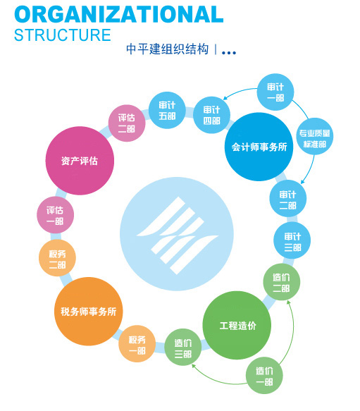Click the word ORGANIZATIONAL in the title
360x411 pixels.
tap(118, 14)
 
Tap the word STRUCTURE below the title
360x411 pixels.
tap(63, 35)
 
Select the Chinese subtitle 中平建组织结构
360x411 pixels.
tap(167, 49)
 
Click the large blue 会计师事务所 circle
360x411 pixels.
tap(259, 147)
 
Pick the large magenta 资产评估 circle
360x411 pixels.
tap(80, 161)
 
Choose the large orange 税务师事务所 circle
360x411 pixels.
tap(88, 312)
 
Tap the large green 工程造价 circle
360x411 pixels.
tap(237, 325)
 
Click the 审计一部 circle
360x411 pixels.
tap(275, 92)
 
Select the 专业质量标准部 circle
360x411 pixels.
tap(314, 136)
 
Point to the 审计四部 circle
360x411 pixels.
tap(212, 115)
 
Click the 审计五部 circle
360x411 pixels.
tap(167, 110)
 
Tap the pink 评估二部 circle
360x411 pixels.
tap(127, 123)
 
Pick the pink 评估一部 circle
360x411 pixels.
tap(55, 215)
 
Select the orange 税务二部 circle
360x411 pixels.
tap(57, 258)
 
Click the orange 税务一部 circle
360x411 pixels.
tap(137, 343)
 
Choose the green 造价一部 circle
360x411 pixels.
tap(264, 375)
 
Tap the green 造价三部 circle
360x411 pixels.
tap(183, 347)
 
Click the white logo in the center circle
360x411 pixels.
tap(177, 235)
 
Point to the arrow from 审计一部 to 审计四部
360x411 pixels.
tap(239, 92)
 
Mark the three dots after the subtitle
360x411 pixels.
tap(229, 53)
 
